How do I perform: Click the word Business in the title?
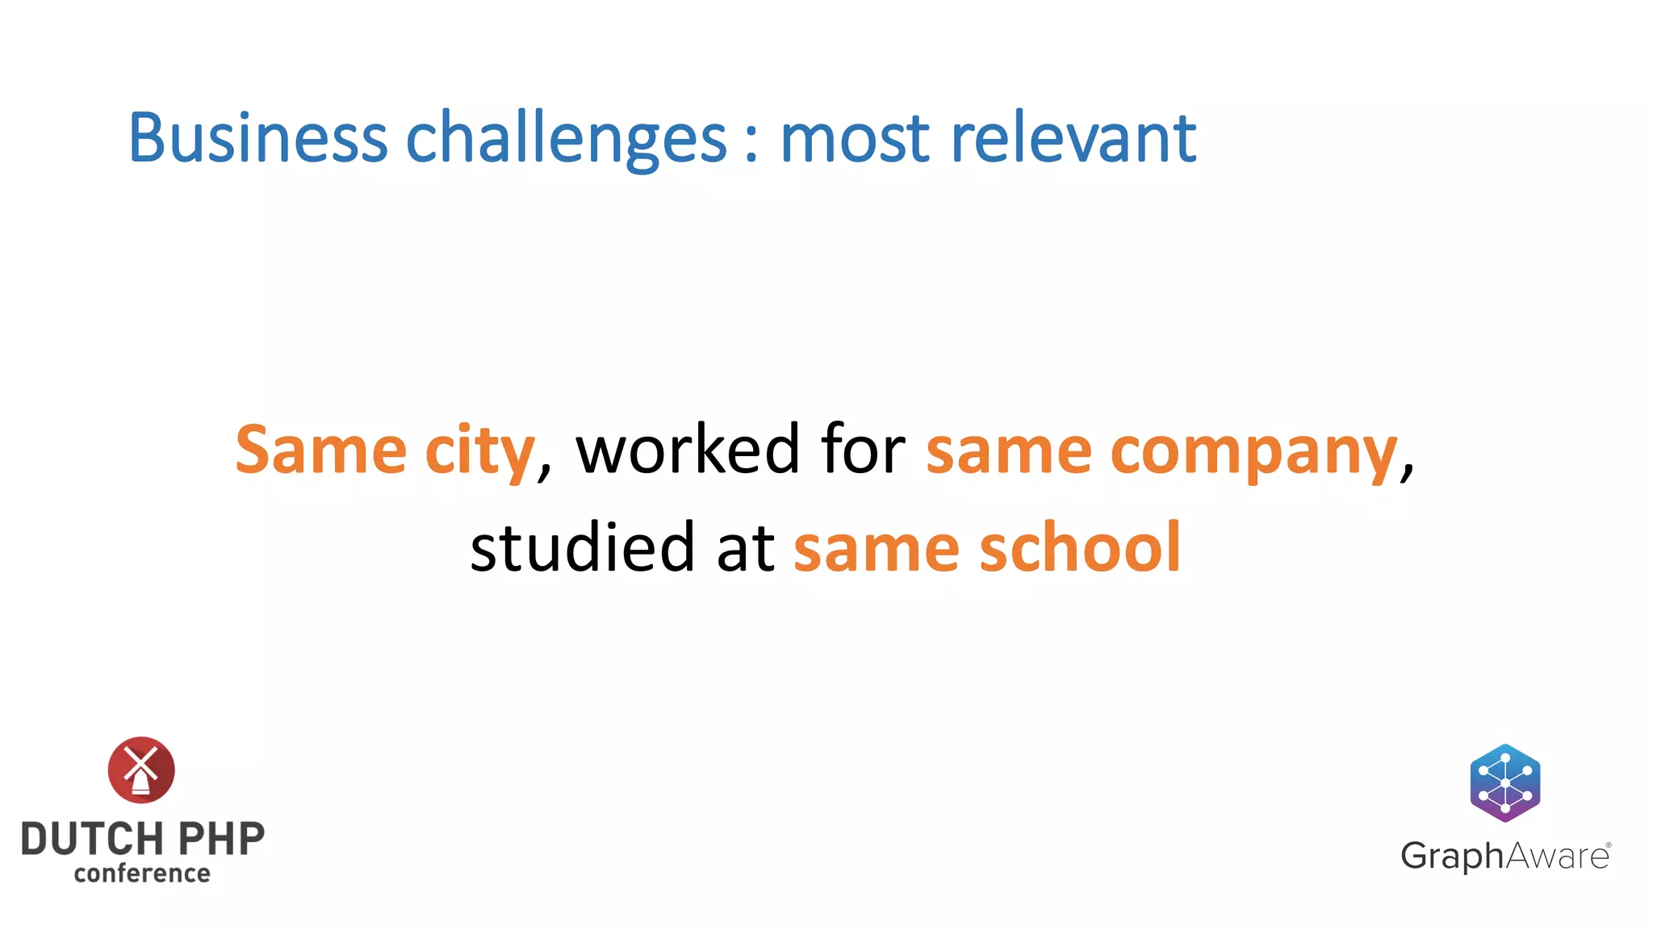[x=257, y=138]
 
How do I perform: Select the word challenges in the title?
[x=566, y=138]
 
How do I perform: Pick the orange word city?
[x=479, y=450]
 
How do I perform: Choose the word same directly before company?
[x=1009, y=450]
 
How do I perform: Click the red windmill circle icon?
[x=141, y=769]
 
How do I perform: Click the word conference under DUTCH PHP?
[x=142, y=873]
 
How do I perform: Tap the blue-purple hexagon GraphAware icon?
[x=1504, y=782]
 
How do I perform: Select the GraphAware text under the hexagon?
[x=1504, y=856]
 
